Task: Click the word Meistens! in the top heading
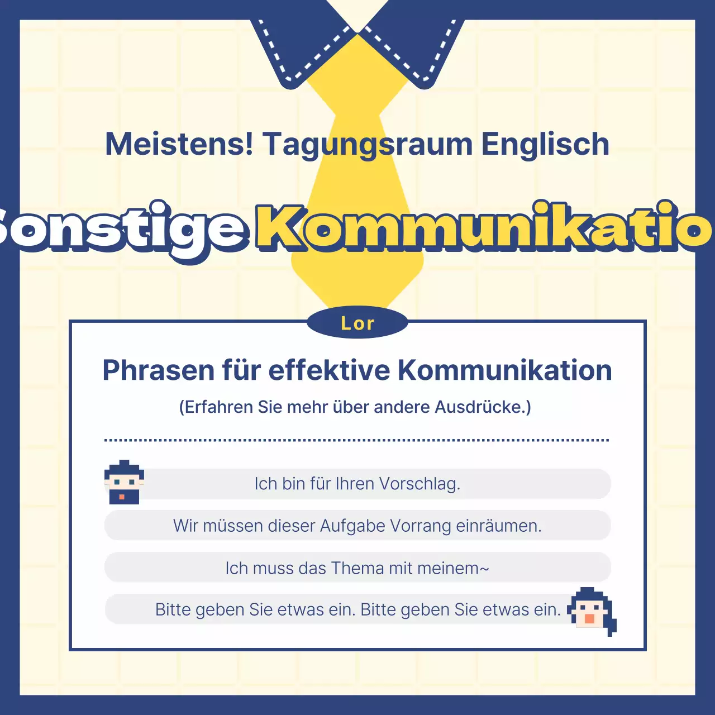pyautogui.click(x=179, y=144)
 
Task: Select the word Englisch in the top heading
pyautogui.click(x=545, y=144)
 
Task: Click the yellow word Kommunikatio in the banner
pyautogui.click(x=484, y=228)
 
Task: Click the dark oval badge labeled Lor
pyautogui.click(x=357, y=323)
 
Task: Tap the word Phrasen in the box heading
pyautogui.click(x=159, y=370)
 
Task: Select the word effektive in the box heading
pyautogui.click(x=329, y=370)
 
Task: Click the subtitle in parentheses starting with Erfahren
pyautogui.click(x=355, y=407)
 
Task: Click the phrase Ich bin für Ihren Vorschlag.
pyautogui.click(x=357, y=484)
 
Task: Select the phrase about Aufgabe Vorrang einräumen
pyautogui.click(x=357, y=526)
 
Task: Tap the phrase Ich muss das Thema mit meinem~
pyautogui.click(x=357, y=568)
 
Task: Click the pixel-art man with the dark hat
pyautogui.click(x=124, y=483)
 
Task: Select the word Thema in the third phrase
pyautogui.click(x=357, y=568)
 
